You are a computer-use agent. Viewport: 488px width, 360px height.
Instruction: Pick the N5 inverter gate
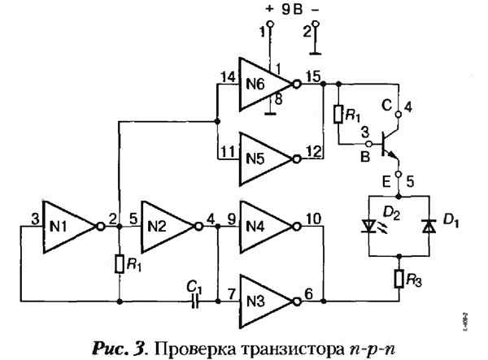(260, 153)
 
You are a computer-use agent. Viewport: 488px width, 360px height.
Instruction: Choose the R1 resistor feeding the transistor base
(338, 113)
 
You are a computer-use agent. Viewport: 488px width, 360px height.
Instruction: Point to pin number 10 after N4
(313, 219)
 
